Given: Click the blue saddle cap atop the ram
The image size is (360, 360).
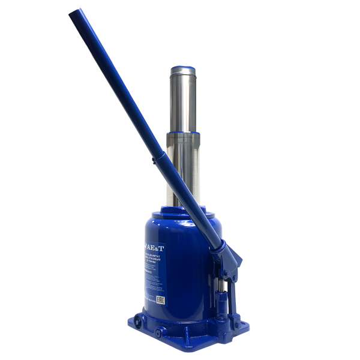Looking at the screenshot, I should click(x=183, y=69).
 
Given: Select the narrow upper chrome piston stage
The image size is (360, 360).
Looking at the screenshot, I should click(x=183, y=99).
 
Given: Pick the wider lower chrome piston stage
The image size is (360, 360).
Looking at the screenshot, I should click(x=180, y=168).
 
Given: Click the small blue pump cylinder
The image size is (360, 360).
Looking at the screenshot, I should click(x=221, y=306).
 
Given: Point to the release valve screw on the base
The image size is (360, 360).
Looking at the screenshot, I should click(x=158, y=332).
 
